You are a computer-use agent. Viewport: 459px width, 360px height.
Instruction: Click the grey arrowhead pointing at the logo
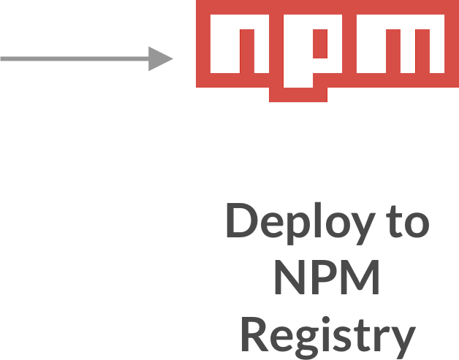[162, 58]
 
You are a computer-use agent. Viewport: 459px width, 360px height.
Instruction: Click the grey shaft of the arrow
[73, 58]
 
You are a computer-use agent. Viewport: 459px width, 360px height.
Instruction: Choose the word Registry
[327, 336]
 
